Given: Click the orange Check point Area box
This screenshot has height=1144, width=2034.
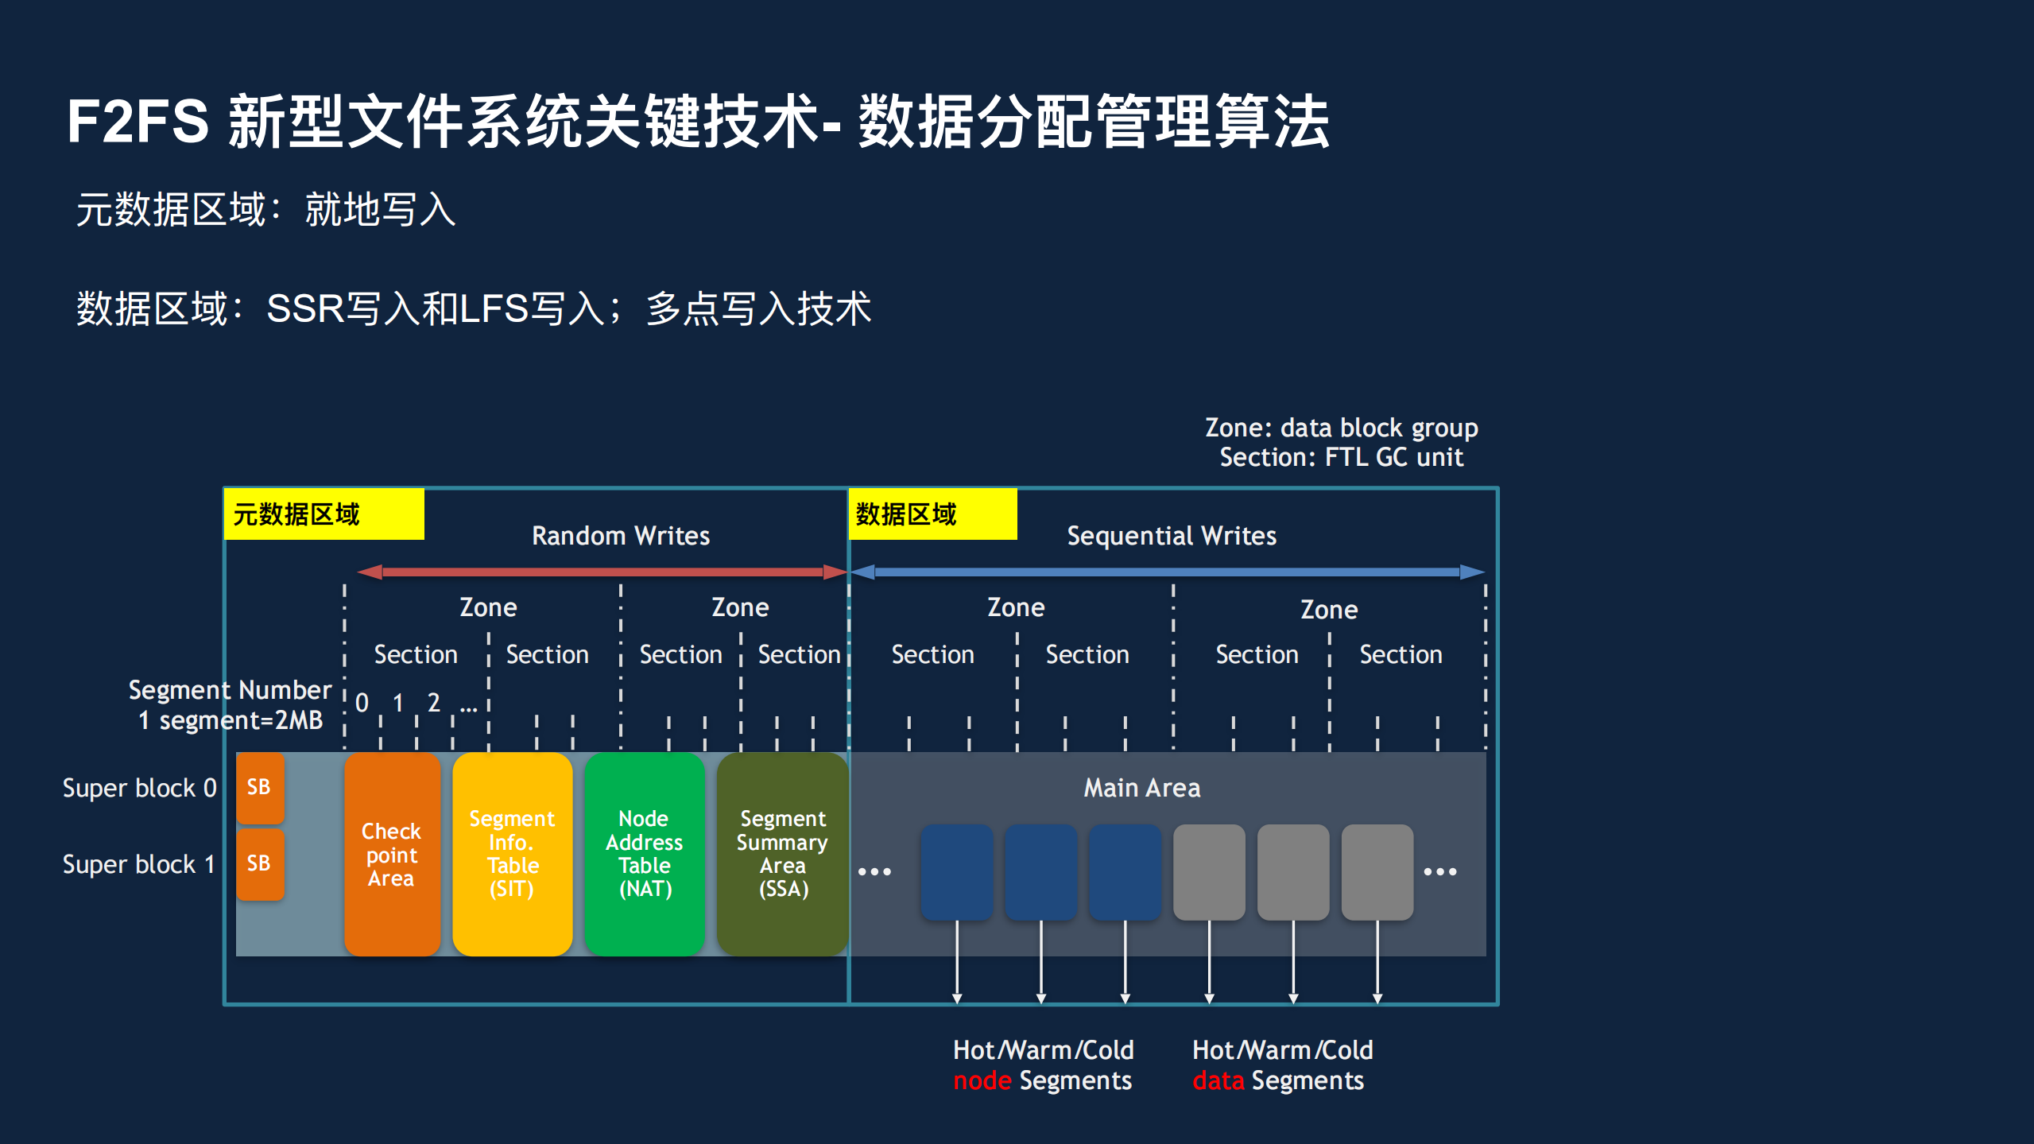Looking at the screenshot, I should click(392, 854).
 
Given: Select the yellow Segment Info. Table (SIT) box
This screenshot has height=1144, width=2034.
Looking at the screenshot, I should click(512, 854).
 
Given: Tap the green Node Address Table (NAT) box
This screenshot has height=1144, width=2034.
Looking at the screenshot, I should click(645, 854).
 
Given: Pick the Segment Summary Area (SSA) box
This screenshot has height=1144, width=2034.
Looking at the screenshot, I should click(782, 854).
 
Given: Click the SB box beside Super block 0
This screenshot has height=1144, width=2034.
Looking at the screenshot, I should click(259, 787).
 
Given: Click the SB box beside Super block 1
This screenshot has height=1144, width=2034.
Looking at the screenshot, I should click(259, 863).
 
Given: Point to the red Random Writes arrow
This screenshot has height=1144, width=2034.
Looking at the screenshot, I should click(602, 572).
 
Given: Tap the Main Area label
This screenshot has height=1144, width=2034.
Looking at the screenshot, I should click(1141, 788).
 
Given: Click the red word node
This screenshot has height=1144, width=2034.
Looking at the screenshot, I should click(982, 1081).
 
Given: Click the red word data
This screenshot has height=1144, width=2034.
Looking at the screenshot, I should click(1218, 1081).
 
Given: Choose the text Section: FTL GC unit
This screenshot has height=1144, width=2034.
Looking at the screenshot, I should click(1341, 458).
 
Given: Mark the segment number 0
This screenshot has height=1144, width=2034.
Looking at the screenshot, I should click(362, 703).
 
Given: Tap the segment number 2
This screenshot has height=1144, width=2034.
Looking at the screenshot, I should click(433, 703).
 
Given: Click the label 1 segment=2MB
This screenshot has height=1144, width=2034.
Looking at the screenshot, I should click(231, 720).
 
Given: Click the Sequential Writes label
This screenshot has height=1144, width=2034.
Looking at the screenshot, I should click(1171, 536).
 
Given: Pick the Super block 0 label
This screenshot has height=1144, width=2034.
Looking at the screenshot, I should click(139, 788).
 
